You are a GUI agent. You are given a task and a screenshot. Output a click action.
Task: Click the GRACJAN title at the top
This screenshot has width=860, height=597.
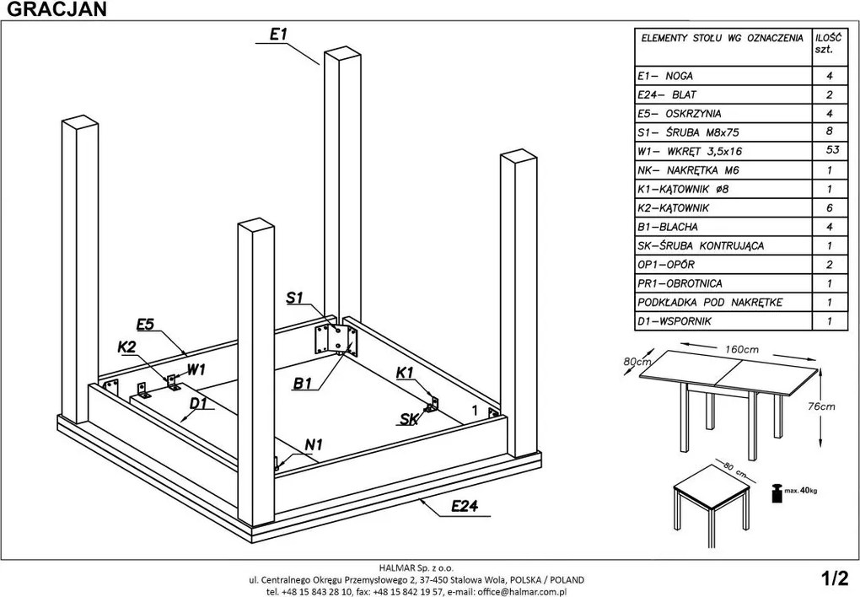[x=53, y=9]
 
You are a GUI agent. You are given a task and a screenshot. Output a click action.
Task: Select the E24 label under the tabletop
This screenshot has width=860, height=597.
[x=465, y=506]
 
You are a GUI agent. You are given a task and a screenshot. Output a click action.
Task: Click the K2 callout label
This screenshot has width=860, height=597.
[x=127, y=347]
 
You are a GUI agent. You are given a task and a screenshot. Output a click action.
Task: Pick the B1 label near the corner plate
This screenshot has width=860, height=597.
[x=304, y=385]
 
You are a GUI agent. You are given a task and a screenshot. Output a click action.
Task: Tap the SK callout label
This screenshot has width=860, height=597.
[x=409, y=418]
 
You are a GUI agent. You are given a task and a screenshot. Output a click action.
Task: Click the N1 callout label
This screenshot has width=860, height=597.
[x=314, y=444]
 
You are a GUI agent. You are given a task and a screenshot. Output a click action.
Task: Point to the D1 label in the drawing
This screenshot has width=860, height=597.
[x=198, y=404]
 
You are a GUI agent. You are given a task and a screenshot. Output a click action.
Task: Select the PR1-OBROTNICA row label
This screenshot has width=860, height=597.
[x=680, y=283]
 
